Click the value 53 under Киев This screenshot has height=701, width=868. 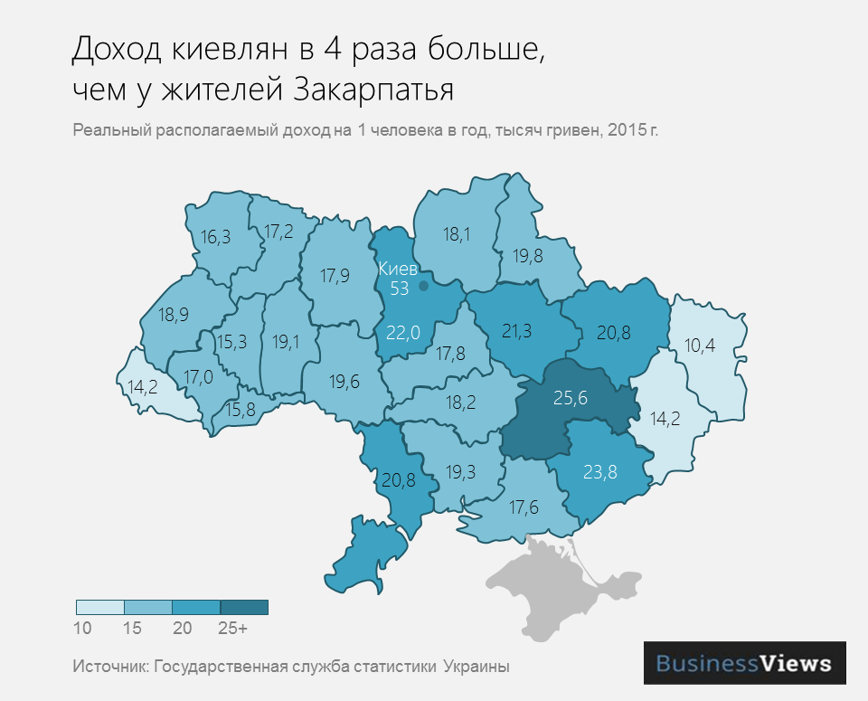400,289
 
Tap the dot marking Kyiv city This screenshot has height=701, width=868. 423,286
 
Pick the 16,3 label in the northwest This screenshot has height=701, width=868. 215,237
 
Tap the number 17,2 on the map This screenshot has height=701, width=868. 278,232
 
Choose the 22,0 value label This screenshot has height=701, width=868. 403,333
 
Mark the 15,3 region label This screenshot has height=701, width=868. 231,342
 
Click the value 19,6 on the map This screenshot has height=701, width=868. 344,382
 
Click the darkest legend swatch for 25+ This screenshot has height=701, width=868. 244,607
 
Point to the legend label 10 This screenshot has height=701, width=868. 82,627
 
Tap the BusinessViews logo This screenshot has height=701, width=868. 743,663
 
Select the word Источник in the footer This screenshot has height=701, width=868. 110,667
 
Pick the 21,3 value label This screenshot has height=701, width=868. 516,332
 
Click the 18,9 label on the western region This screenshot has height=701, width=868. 173,315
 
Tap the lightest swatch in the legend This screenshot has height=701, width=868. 99,607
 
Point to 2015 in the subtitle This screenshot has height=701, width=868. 627,130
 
